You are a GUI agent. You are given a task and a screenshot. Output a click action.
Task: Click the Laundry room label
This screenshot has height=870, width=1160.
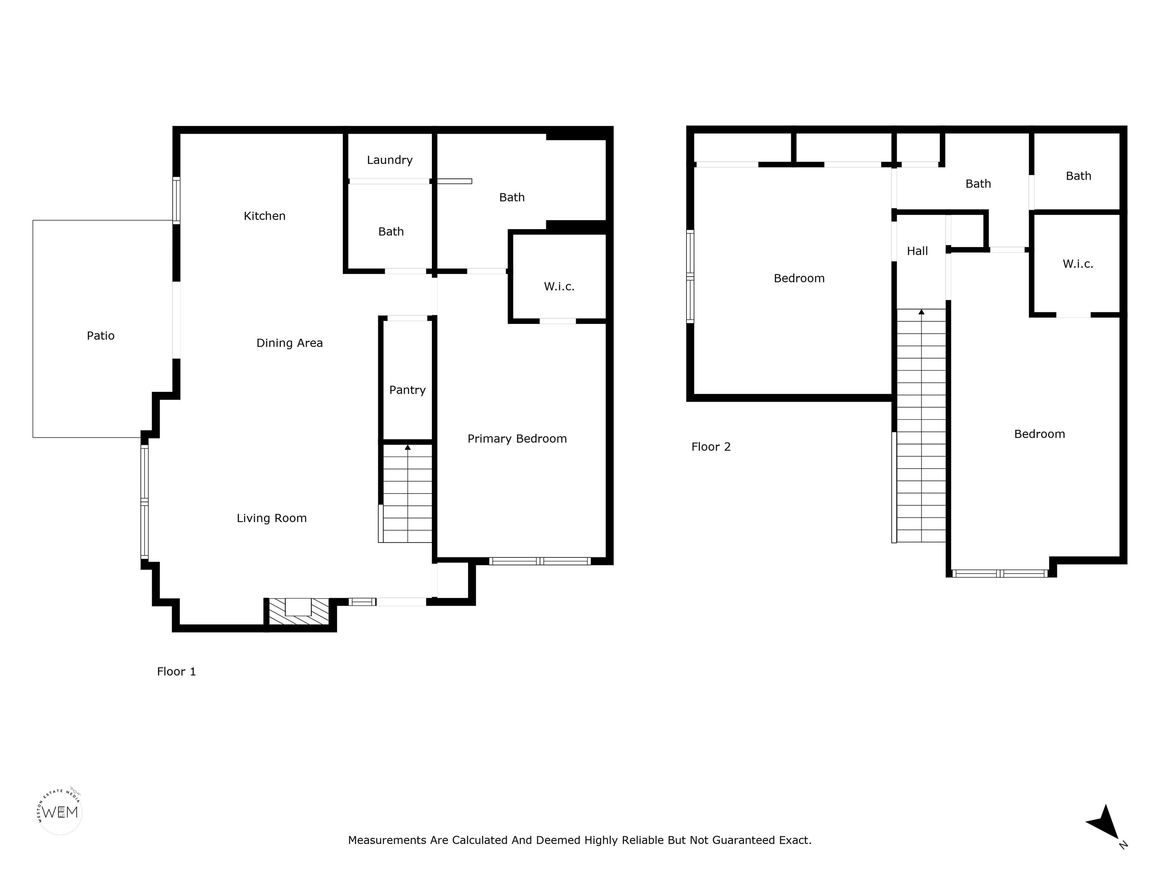(x=390, y=160)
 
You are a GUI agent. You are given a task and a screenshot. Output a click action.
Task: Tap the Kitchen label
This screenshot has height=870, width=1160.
(x=265, y=216)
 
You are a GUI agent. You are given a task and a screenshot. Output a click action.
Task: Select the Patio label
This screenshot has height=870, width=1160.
(x=101, y=336)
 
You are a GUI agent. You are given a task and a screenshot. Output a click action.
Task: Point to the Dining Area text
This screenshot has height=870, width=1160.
(x=290, y=343)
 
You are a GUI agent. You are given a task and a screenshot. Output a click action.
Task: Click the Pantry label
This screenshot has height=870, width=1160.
(x=407, y=390)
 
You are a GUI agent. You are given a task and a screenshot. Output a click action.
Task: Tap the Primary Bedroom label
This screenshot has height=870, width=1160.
(x=517, y=439)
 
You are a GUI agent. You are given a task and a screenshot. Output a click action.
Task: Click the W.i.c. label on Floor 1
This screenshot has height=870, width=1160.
(x=559, y=286)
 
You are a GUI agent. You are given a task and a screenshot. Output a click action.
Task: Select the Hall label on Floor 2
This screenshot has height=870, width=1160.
(x=918, y=251)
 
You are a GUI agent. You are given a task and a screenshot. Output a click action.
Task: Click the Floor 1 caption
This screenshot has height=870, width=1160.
(x=177, y=672)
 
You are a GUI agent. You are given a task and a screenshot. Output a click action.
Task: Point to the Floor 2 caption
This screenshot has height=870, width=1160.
(x=711, y=447)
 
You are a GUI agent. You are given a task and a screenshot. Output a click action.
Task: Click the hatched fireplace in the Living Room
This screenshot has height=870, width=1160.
(x=298, y=611)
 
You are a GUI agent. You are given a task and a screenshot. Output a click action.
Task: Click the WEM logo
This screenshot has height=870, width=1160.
(x=60, y=812)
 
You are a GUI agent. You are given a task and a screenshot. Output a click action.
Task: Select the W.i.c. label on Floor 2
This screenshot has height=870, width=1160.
(x=1078, y=264)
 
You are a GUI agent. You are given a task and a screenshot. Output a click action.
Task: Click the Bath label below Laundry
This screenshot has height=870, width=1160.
(x=391, y=232)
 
